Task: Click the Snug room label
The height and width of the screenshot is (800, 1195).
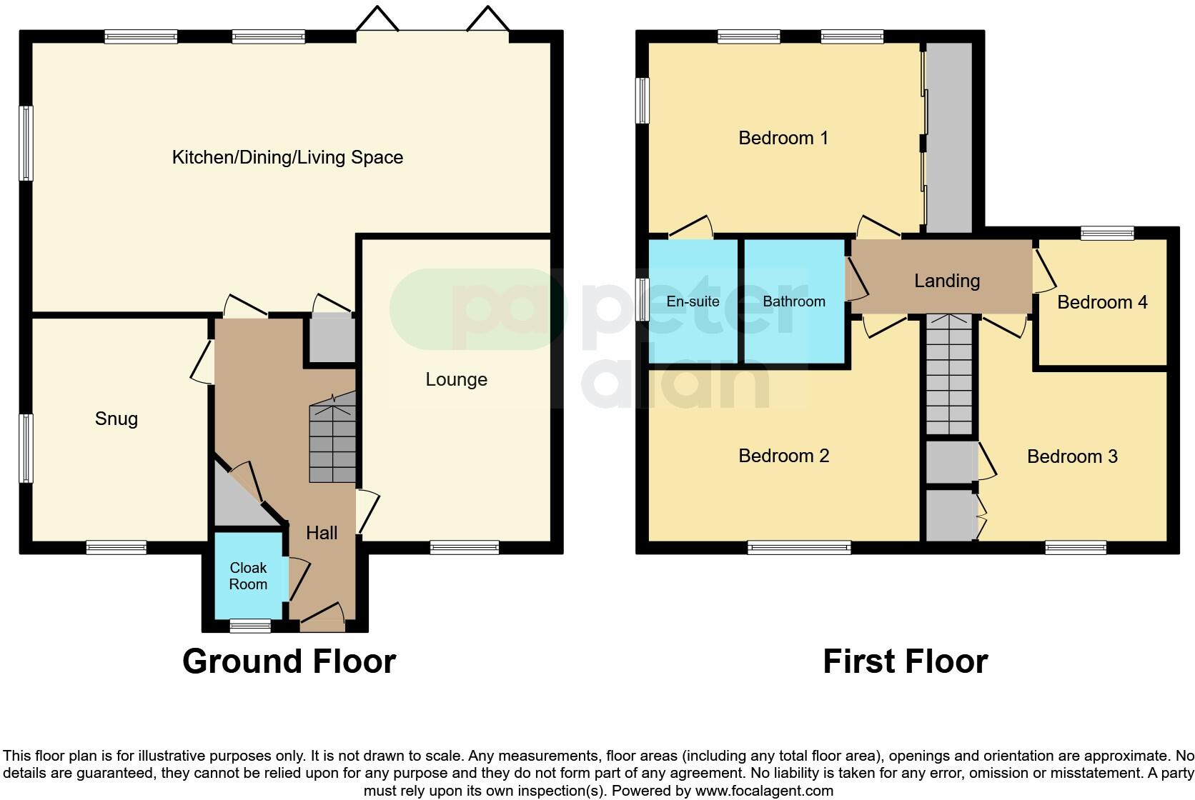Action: pyautogui.click(x=116, y=419)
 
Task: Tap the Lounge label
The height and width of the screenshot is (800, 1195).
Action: pyautogui.click(x=456, y=379)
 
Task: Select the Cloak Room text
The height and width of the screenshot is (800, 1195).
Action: pyautogui.click(x=248, y=576)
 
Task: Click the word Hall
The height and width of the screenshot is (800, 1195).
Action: pyautogui.click(x=322, y=532)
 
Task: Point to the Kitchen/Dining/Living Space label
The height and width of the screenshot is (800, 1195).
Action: pyautogui.click(x=287, y=157)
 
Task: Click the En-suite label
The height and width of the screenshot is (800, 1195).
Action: pyautogui.click(x=693, y=301)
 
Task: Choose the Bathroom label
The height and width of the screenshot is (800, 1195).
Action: pyautogui.click(x=793, y=301)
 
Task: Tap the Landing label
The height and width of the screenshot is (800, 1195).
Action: pyautogui.click(x=946, y=281)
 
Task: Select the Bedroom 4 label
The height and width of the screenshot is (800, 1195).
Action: pyautogui.click(x=1101, y=302)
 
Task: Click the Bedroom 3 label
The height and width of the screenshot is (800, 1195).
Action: pyautogui.click(x=1071, y=456)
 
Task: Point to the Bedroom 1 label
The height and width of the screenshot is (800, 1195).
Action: pyautogui.click(x=783, y=138)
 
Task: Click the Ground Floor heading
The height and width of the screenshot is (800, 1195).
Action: pyautogui.click(x=289, y=661)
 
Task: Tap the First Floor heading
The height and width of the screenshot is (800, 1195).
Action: pyautogui.click(x=905, y=661)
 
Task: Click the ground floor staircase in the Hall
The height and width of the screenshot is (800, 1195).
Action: pyautogui.click(x=332, y=443)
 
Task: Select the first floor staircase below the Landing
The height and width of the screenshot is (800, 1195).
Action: pyautogui.click(x=949, y=375)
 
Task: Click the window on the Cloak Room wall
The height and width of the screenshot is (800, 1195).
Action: pyautogui.click(x=250, y=626)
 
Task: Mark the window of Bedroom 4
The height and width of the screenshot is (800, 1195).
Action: pyautogui.click(x=1106, y=233)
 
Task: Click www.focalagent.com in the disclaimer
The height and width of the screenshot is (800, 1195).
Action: pyautogui.click(x=764, y=791)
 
